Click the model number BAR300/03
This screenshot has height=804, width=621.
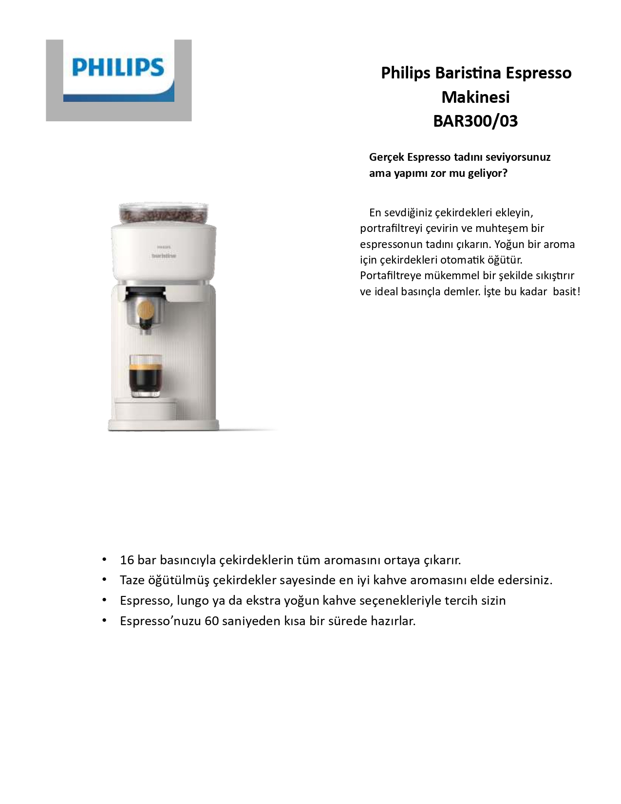[x=475, y=121]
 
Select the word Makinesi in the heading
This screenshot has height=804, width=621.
[x=475, y=97]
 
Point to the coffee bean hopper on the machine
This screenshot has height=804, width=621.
[x=164, y=213]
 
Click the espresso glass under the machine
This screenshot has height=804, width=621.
[x=145, y=375]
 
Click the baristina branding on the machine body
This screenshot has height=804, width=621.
[x=164, y=256]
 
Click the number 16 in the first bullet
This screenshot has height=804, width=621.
[x=127, y=560]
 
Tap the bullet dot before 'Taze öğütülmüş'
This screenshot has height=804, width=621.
[x=104, y=580]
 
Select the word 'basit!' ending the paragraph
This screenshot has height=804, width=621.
[x=566, y=291]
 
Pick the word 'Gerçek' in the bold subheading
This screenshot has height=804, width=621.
[x=386, y=157]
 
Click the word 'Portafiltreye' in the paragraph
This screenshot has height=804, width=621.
[x=390, y=276]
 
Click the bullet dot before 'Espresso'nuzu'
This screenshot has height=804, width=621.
[x=104, y=621]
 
